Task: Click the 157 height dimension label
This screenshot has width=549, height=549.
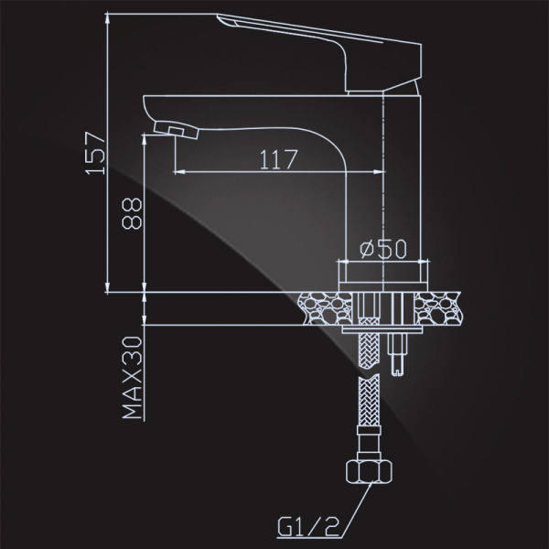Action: (x=95, y=153)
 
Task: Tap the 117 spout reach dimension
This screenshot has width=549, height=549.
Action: (x=278, y=159)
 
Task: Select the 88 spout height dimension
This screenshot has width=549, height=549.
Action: (x=133, y=213)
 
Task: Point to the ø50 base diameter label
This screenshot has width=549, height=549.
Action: (x=383, y=249)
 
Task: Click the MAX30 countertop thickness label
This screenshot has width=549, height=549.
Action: (x=133, y=377)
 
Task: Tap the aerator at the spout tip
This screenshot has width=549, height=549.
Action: (x=176, y=129)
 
